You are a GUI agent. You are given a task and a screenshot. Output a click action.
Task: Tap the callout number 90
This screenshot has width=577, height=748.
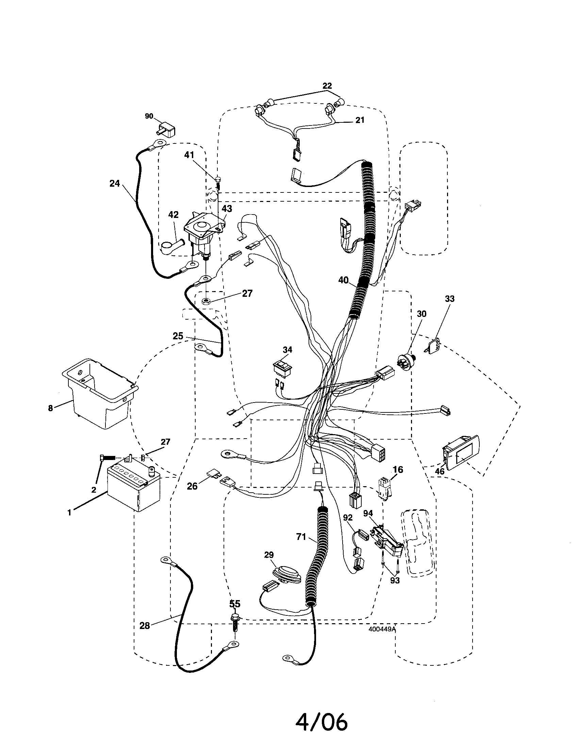click(x=149, y=116)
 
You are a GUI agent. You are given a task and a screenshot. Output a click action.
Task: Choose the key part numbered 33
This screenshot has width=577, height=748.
click(x=433, y=346)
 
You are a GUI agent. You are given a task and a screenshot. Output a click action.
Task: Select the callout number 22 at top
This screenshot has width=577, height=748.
click(x=327, y=86)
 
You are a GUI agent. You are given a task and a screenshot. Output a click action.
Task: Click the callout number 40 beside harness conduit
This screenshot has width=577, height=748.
click(x=343, y=280)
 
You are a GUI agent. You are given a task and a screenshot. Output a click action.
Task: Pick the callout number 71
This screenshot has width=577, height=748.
click(x=301, y=537)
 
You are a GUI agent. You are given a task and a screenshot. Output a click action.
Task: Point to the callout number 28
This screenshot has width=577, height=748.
click(x=145, y=626)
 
